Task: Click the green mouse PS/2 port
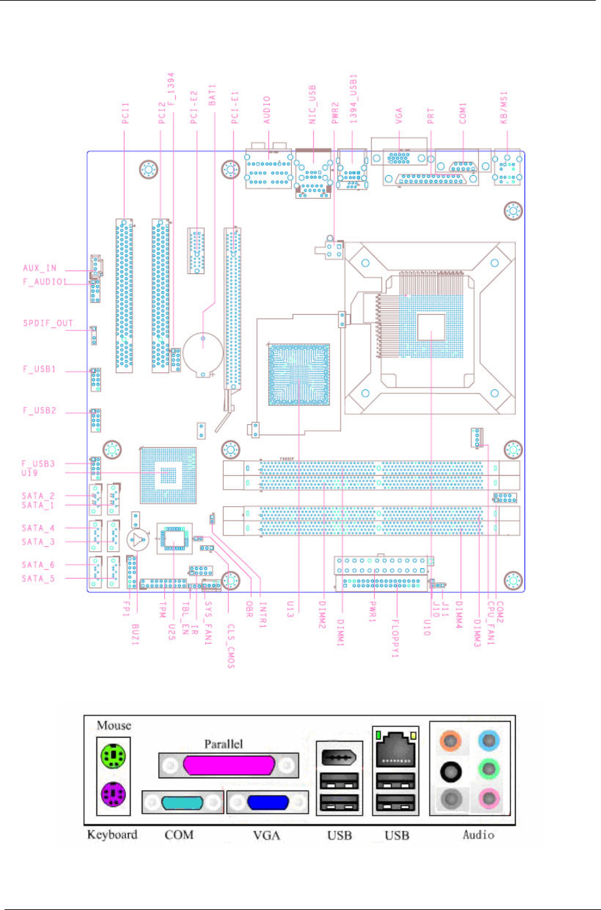[113, 755]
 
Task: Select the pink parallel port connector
[229, 765]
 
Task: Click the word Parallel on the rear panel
[223, 744]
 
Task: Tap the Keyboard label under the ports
[112, 835]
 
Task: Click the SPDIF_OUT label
[48, 323]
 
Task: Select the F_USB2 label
[40, 410]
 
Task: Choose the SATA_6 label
[38, 564]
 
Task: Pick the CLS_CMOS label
[231, 646]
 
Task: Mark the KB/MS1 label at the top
[504, 107]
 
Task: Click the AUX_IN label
[39, 268]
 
